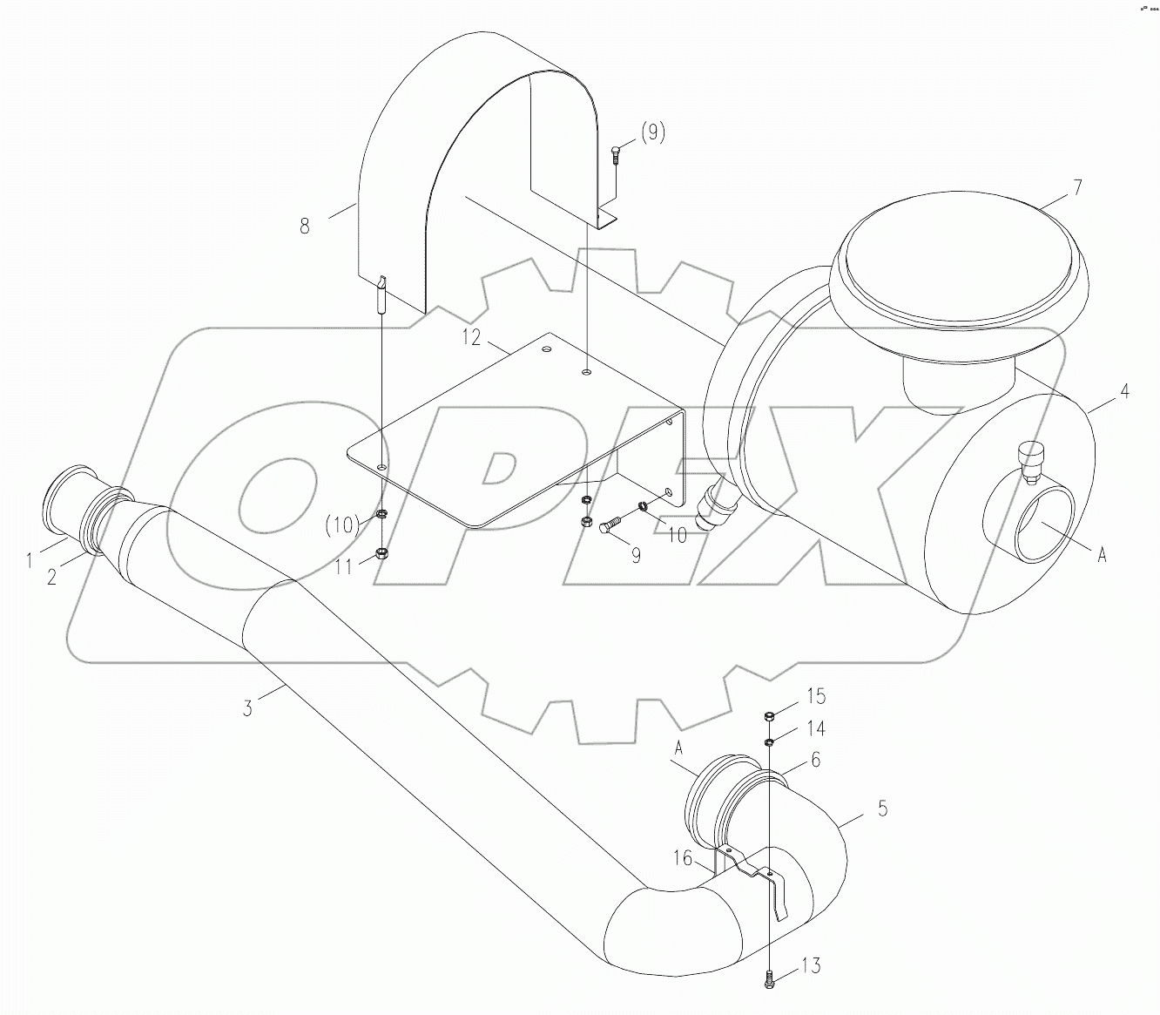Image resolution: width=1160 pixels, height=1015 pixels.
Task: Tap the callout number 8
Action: pyautogui.click(x=304, y=226)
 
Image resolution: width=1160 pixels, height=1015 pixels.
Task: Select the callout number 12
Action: pyautogui.click(x=471, y=337)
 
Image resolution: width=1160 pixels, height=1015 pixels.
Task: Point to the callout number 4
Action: pyautogui.click(x=1124, y=392)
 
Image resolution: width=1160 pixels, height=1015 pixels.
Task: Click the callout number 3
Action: pyautogui.click(x=247, y=708)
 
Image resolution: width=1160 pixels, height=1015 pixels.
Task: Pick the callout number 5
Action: pyautogui.click(x=882, y=809)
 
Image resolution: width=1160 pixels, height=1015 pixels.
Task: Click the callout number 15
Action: pyautogui.click(x=815, y=696)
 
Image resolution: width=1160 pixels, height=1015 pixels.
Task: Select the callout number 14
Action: pyautogui.click(x=815, y=728)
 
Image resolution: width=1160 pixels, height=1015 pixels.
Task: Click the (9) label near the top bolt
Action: pyautogui.click(x=652, y=132)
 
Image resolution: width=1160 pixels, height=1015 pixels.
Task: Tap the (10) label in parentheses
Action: pyautogui.click(x=342, y=524)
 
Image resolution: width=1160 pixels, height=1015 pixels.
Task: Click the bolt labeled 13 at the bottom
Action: pyautogui.click(x=771, y=979)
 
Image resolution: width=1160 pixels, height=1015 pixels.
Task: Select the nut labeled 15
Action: pyautogui.click(x=770, y=716)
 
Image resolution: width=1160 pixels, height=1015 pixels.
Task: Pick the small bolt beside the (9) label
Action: pyautogui.click(x=616, y=156)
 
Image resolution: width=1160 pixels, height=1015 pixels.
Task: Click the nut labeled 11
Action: pyautogui.click(x=381, y=553)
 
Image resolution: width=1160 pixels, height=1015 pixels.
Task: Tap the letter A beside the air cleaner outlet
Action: pyautogui.click(x=1102, y=554)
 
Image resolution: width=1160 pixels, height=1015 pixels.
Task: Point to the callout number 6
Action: pyautogui.click(x=815, y=760)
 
